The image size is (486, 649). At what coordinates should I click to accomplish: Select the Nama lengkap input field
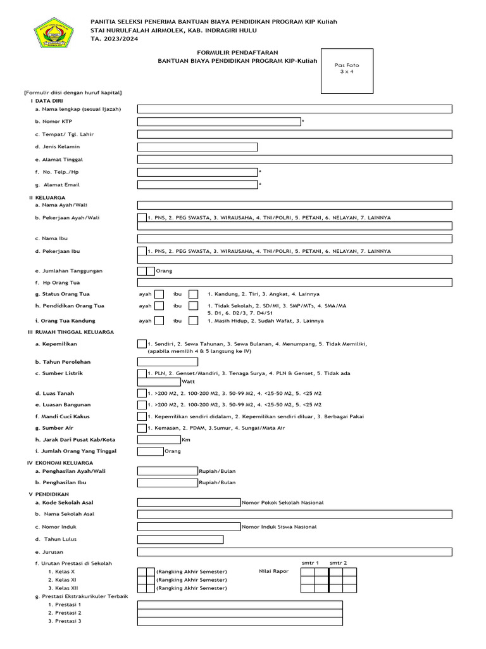point(294,109)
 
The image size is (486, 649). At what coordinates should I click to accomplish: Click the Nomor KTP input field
point(219,122)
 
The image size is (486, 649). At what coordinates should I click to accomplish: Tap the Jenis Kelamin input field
point(197,147)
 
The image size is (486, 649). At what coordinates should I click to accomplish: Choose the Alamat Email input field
point(197,185)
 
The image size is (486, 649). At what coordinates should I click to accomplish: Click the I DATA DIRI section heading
point(46,101)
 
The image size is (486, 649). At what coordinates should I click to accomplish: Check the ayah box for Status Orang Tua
point(159,294)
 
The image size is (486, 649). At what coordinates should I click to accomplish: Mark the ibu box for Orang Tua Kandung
point(194,321)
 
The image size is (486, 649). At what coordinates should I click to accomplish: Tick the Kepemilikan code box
point(142,344)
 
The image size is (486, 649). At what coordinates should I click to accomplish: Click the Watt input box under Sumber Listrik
point(159,382)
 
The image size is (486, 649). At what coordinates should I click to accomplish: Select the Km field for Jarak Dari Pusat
point(159,439)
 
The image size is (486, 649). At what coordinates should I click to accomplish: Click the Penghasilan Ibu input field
point(168,482)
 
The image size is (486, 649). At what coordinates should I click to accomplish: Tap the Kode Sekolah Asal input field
point(189,503)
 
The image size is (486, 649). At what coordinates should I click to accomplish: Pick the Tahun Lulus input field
point(180,539)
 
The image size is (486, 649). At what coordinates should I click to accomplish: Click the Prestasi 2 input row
point(240,613)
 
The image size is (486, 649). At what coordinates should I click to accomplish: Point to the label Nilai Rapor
point(273,571)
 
